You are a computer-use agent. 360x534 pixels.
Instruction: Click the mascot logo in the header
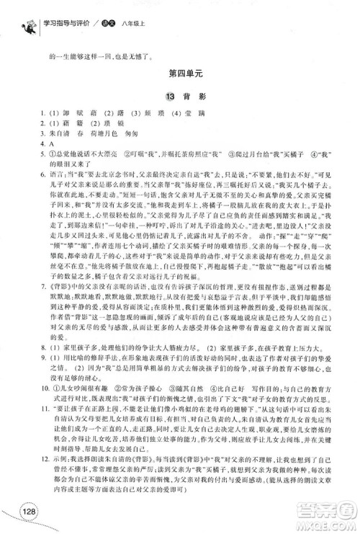click(29, 15)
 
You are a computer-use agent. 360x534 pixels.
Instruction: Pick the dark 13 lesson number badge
click(169, 96)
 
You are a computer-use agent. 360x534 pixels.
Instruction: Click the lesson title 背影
click(191, 96)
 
